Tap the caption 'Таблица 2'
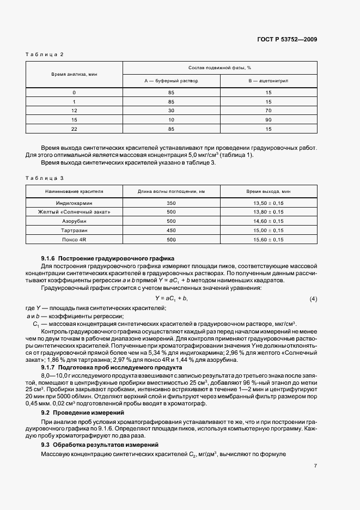click(x=46, y=54)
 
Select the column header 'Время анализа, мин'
click(x=74, y=74)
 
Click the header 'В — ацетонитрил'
click(x=269, y=80)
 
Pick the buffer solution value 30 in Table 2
click(x=171, y=110)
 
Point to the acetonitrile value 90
click(x=269, y=119)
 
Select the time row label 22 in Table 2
click(x=74, y=129)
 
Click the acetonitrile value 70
click(x=269, y=110)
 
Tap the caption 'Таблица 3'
click(x=46, y=178)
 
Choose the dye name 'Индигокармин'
click(x=74, y=202)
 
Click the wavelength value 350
click(x=171, y=202)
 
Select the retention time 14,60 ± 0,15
click(x=269, y=221)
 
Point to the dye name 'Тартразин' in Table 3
click(x=74, y=230)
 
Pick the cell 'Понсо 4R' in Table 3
click(x=74, y=239)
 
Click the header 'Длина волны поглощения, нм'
click(x=171, y=192)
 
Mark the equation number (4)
click(x=313, y=299)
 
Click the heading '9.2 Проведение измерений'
click(x=82, y=414)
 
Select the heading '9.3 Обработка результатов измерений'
click(x=100, y=446)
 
